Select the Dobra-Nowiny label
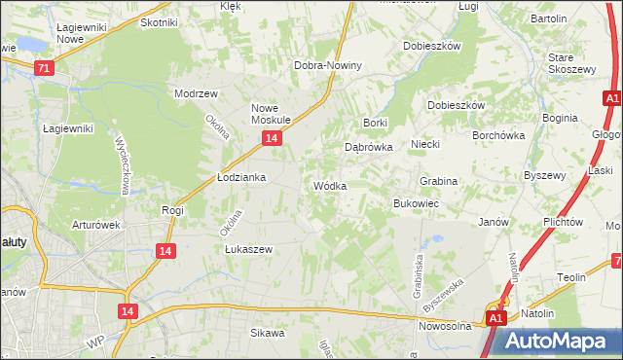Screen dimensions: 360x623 tap(328, 65)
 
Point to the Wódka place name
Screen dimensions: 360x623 tap(329, 185)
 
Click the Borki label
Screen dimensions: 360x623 tap(376, 123)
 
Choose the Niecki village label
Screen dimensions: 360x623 tap(425, 144)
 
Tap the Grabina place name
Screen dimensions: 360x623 tap(438, 181)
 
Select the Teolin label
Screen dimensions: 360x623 tap(571, 277)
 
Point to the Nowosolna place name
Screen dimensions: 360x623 tap(445, 326)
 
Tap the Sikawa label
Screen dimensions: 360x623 tap(267, 333)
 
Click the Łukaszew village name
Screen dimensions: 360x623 tap(248, 248)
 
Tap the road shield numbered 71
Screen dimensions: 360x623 tap(43, 68)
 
